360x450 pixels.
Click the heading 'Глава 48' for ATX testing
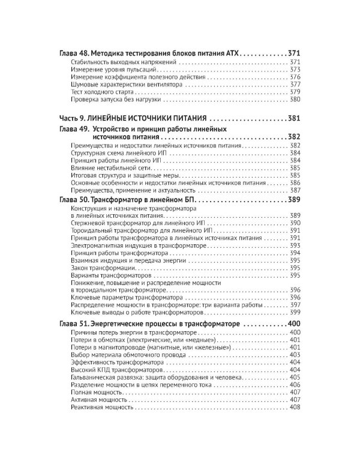tap(150, 53)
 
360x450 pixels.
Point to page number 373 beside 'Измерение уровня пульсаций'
tap(295, 70)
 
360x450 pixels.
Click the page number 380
tap(295, 100)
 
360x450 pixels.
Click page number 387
tap(295, 190)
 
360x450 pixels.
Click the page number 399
tap(295, 313)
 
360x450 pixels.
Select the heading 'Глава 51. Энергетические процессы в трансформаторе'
tap(151, 324)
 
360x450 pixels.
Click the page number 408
tap(295, 408)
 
